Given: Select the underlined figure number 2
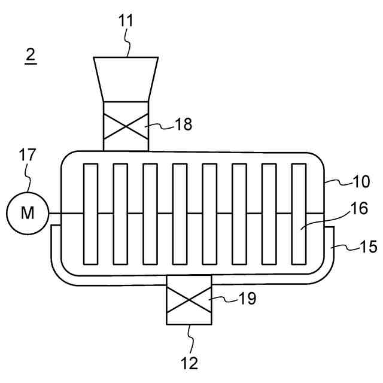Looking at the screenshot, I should (31, 55).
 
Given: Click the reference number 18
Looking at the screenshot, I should (186, 124).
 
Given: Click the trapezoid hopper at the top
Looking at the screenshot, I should (126, 78).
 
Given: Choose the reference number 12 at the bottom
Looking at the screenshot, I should (189, 363).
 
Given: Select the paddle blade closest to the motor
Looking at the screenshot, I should (91, 214).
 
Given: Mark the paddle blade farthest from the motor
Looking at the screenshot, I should (299, 214).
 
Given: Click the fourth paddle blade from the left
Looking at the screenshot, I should (180, 214).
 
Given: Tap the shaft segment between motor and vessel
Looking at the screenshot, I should (56, 214).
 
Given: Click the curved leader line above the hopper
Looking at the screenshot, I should (127, 45).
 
